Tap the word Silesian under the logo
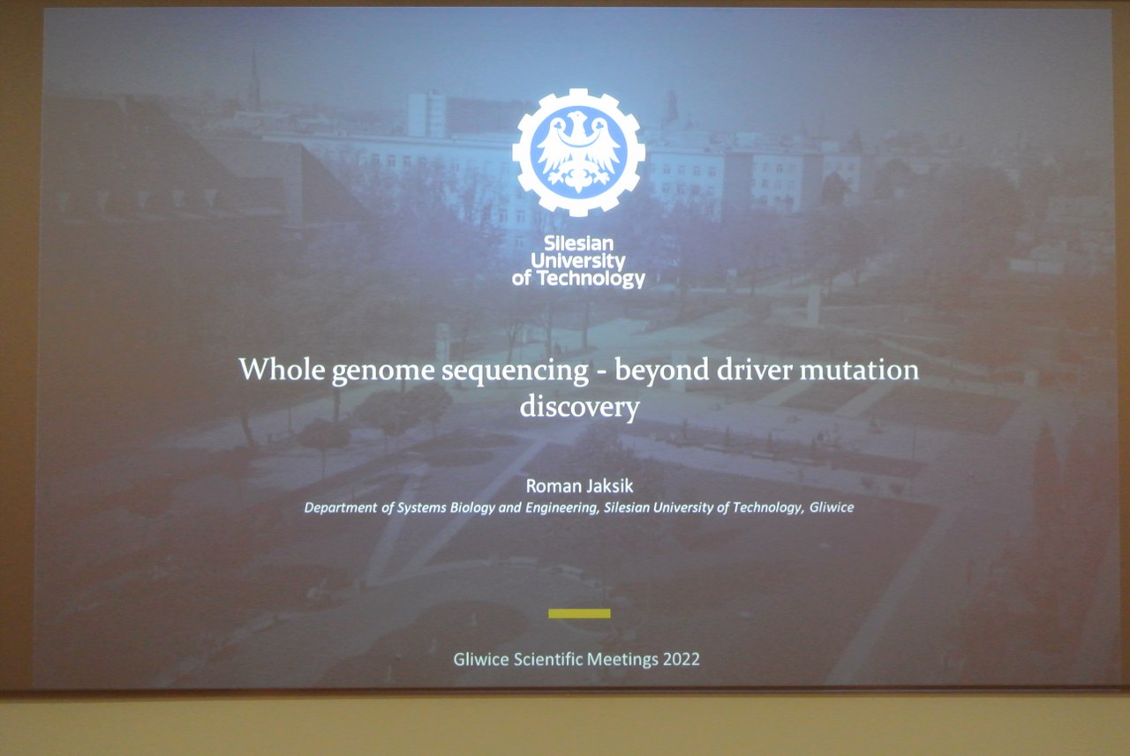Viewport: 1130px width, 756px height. click(x=578, y=244)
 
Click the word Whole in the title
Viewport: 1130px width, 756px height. click(x=282, y=370)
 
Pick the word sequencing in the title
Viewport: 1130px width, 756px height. click(x=515, y=372)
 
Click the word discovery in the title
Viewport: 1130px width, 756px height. click(x=580, y=407)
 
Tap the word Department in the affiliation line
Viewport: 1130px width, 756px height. click(x=341, y=507)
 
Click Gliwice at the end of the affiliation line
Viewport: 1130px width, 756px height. click(x=832, y=507)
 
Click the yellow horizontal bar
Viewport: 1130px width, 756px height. click(x=579, y=613)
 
